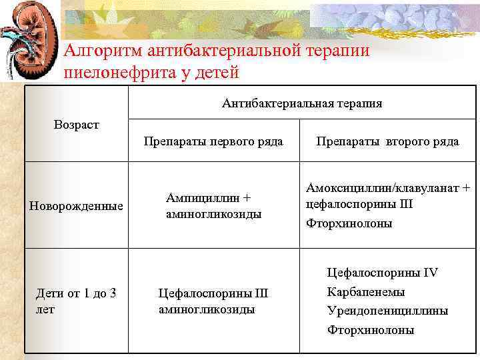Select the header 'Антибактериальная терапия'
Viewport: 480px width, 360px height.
(302, 103)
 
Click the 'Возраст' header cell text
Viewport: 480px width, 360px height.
(76, 125)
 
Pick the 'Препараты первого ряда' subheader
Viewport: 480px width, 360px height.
(213, 141)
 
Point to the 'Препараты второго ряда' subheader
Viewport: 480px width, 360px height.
(387, 141)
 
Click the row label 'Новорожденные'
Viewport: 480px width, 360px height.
(76, 206)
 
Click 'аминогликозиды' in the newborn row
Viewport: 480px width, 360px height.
(213, 214)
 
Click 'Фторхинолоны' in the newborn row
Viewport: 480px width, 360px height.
(349, 223)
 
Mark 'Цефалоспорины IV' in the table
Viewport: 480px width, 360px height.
(382, 273)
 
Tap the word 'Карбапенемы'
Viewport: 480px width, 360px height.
(365, 292)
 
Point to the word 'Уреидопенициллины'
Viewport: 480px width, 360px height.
(387, 311)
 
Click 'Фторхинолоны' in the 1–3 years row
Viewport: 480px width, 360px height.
(370, 329)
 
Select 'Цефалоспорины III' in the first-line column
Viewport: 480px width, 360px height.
(213, 293)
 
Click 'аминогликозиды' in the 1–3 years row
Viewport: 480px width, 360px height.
(207, 309)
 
